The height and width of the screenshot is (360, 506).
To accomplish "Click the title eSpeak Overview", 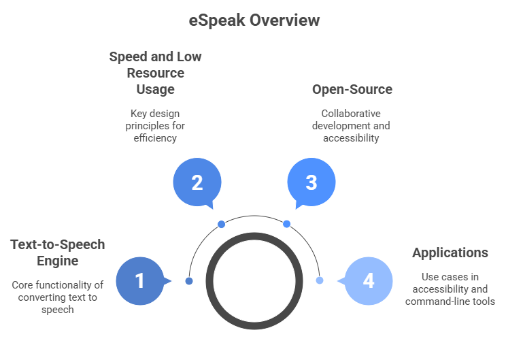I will [254, 20].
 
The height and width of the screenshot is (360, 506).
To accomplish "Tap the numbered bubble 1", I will [139, 280].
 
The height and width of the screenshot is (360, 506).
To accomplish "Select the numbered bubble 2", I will [197, 182].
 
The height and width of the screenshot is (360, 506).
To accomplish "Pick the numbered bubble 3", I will [311, 182].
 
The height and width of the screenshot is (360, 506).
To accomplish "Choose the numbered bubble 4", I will [368, 280].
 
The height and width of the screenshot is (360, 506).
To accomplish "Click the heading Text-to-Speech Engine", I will [58, 252].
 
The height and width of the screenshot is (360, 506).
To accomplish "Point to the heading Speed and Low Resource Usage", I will [155, 73].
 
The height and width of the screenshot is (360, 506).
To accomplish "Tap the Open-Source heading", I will [352, 89].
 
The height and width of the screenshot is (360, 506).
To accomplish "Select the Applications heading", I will [450, 252].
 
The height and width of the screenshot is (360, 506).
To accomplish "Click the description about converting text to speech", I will [58, 297].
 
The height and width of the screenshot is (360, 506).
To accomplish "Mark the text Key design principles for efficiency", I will [155, 125].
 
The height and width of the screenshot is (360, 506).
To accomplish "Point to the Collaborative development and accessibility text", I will [352, 125].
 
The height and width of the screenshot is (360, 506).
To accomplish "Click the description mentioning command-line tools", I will [450, 289].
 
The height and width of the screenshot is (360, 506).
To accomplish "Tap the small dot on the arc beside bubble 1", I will [189, 280].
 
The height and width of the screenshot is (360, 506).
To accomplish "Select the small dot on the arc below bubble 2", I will [221, 224].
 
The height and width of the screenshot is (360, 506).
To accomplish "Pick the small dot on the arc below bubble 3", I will [286, 224].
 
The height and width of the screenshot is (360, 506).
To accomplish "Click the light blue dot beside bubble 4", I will [319, 280].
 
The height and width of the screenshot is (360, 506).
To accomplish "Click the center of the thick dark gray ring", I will [254, 280].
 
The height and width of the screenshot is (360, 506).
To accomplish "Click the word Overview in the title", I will [284, 20].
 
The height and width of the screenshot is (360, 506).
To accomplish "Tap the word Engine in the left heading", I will [58, 261].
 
